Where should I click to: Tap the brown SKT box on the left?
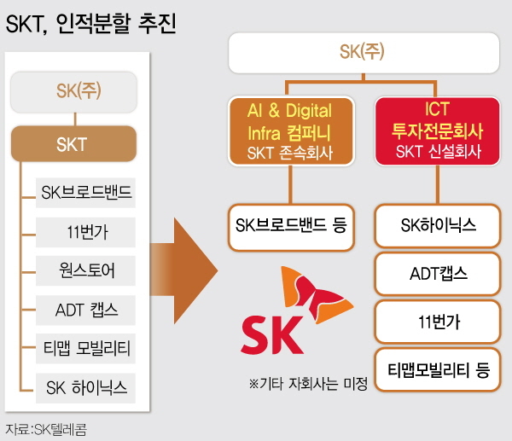click(x=72, y=144)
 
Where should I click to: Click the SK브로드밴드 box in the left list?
click(x=86, y=192)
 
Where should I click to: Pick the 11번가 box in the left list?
click(x=86, y=230)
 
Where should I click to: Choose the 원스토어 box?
click(x=86, y=270)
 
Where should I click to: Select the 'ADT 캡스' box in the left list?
click(x=86, y=309)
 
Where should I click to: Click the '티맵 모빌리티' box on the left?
click(x=86, y=348)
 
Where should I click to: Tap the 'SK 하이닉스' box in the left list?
click(x=86, y=387)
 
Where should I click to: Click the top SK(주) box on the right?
click(x=363, y=54)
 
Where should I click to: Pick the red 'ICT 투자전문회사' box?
click(x=436, y=131)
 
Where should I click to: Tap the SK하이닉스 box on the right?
click(x=438, y=227)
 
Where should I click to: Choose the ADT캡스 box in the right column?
click(x=438, y=275)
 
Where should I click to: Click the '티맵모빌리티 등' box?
click(x=438, y=370)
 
